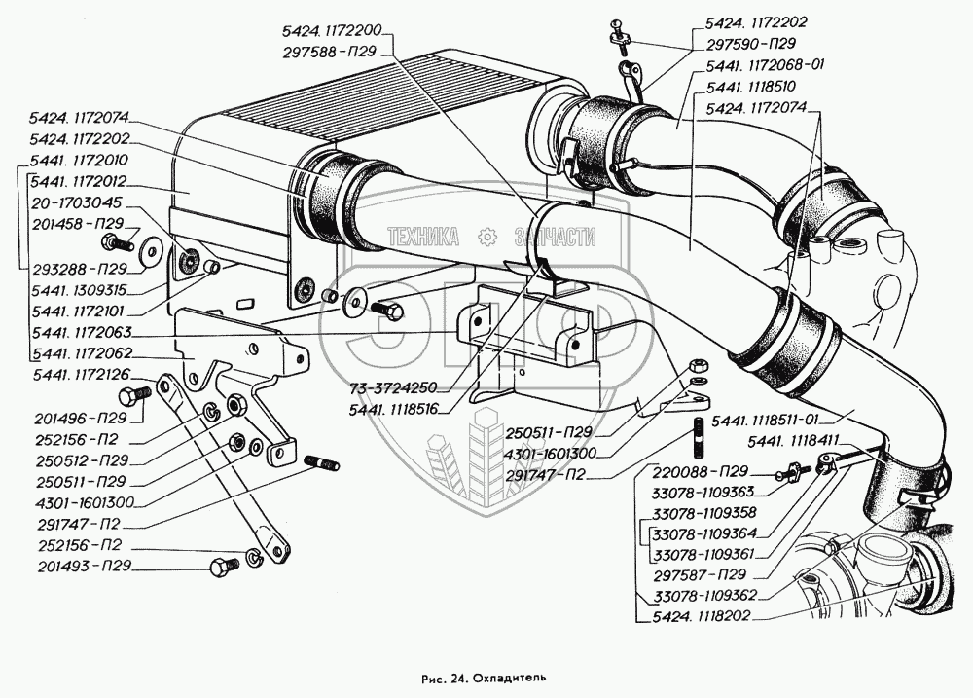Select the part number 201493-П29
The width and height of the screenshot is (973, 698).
[x=82, y=566]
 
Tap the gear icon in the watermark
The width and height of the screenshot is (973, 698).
[x=487, y=237]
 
